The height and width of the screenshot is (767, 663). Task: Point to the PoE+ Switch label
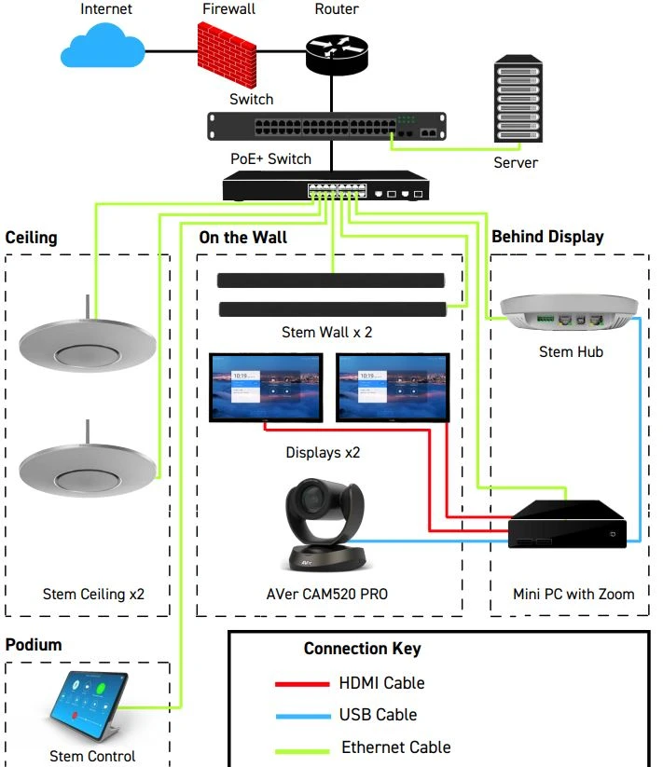tap(270, 158)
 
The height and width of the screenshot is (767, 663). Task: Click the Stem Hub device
tap(569, 312)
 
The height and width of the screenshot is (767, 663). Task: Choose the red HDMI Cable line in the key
tap(302, 684)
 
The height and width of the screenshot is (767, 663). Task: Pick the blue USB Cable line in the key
tap(302, 716)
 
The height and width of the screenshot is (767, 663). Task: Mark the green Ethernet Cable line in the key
tap(302, 749)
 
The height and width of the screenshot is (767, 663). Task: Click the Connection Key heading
tap(362, 649)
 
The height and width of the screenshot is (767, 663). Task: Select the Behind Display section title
tap(547, 237)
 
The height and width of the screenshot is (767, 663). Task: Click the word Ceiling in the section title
tap(31, 237)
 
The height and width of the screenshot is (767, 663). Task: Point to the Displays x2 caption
tap(323, 453)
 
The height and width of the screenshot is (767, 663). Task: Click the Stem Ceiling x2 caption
tap(93, 594)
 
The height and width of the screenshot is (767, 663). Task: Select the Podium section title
tap(34, 646)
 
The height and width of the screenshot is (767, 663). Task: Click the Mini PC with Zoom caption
tap(573, 594)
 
